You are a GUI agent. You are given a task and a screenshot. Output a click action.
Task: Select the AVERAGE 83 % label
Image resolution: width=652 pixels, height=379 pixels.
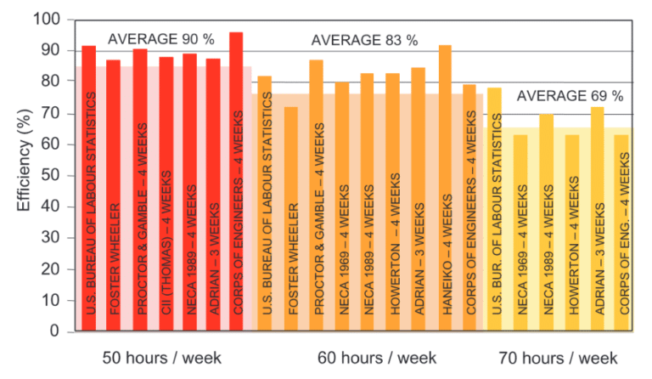click(365, 40)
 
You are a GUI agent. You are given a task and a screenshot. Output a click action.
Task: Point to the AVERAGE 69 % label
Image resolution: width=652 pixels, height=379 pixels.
click(564, 94)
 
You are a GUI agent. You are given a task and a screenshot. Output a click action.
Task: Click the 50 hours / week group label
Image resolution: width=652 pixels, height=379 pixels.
click(160, 358)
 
